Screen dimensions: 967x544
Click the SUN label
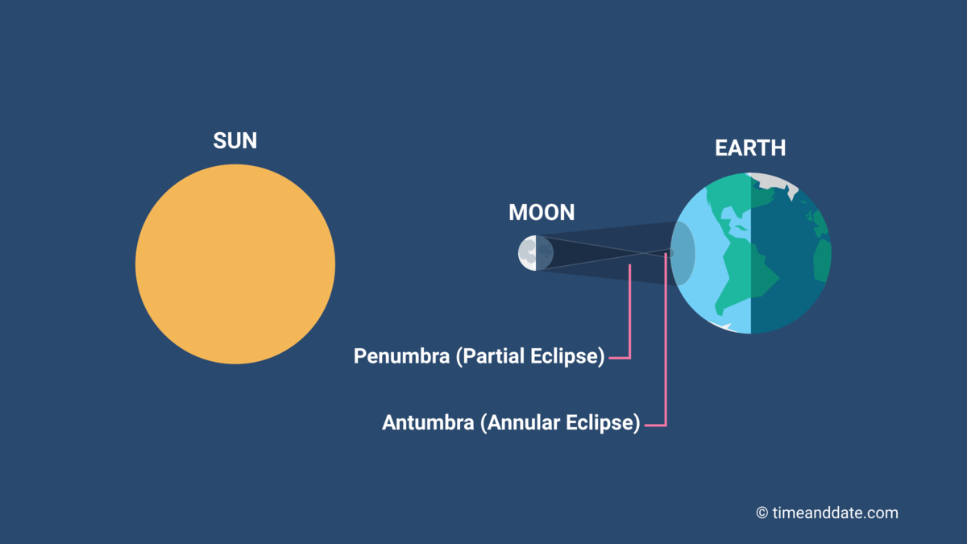point(235,141)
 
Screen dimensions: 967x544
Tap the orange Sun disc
point(235,264)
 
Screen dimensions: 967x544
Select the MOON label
point(542,213)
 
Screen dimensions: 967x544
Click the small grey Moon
point(536,253)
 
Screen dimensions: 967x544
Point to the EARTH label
point(750,148)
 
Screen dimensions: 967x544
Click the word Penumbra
point(401,356)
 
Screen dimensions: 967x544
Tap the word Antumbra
point(428,422)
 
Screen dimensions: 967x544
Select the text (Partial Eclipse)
point(530,356)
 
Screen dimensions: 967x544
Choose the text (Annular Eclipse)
point(560,423)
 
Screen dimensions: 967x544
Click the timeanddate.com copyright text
point(827,513)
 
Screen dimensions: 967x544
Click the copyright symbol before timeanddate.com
point(762,513)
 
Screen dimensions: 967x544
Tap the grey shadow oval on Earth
point(683,253)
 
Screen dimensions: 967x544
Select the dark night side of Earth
point(791,255)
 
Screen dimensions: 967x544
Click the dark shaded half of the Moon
point(545,253)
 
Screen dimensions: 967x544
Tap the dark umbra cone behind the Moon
point(596,253)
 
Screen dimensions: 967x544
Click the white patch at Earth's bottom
point(722,326)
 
